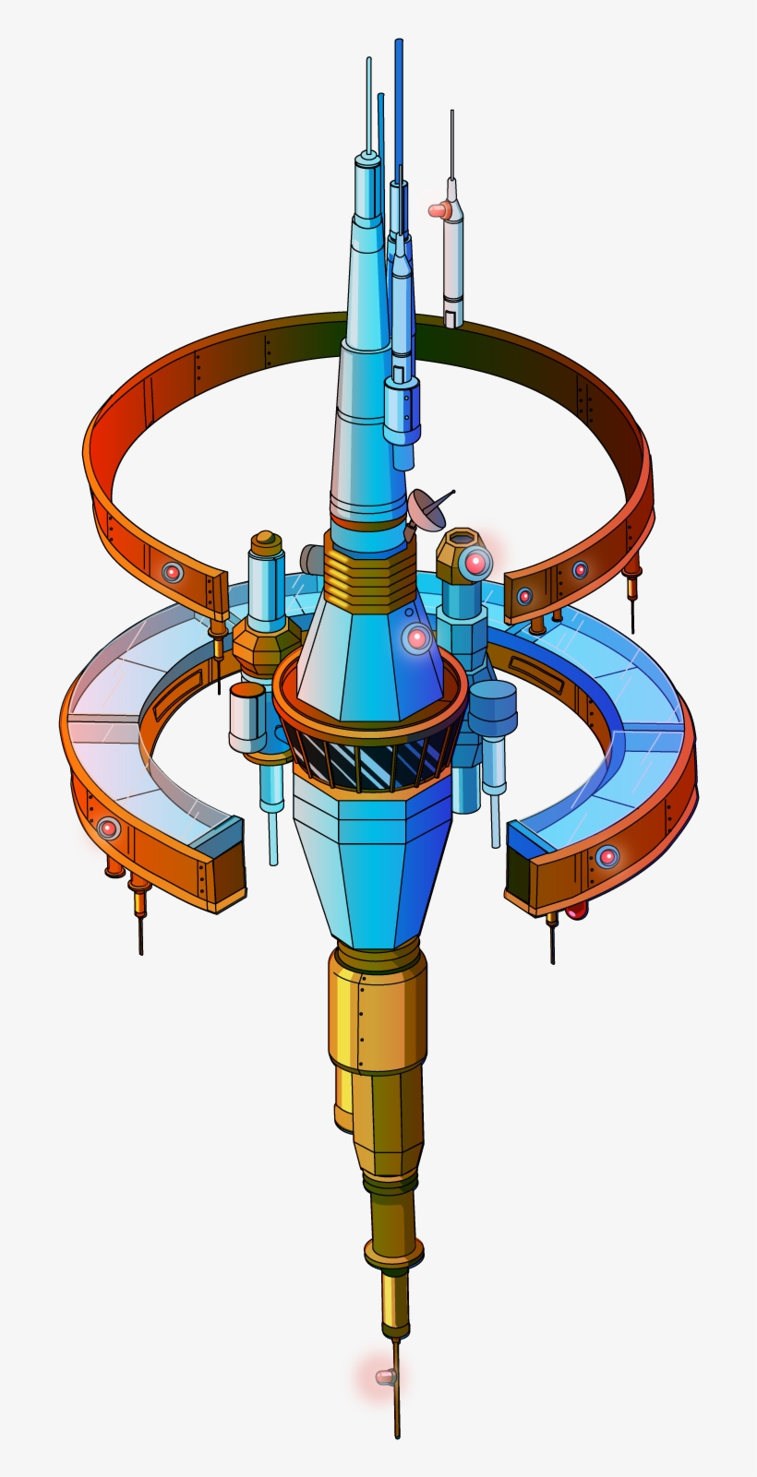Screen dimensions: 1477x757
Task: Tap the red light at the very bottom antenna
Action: point(385,1377)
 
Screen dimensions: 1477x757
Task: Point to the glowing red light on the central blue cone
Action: point(416,637)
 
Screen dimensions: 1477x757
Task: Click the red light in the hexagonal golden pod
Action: point(475,562)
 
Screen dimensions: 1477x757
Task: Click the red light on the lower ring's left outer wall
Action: point(109,828)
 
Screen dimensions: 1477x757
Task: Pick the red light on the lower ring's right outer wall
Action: point(607,856)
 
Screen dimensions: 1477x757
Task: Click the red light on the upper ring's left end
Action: point(172,573)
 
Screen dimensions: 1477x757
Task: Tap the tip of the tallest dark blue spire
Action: point(398,43)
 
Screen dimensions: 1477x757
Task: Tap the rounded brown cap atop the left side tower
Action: point(266,540)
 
